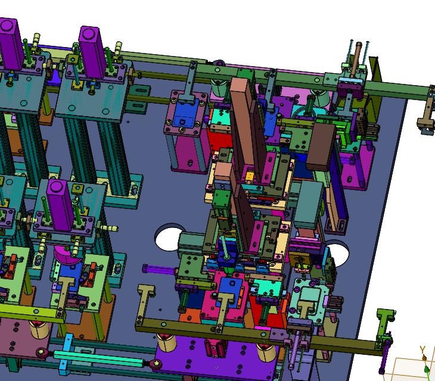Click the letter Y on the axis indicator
coord(422,349)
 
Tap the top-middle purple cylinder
coord(92,52)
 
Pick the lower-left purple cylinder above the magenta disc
coord(60,205)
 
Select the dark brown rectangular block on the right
coord(321,147)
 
